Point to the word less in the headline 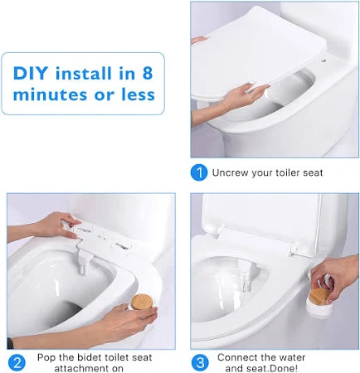(x=135, y=94)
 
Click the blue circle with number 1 (x=198, y=172)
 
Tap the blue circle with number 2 (x=17, y=362)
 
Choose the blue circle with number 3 (x=200, y=362)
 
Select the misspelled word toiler (x=286, y=172)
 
